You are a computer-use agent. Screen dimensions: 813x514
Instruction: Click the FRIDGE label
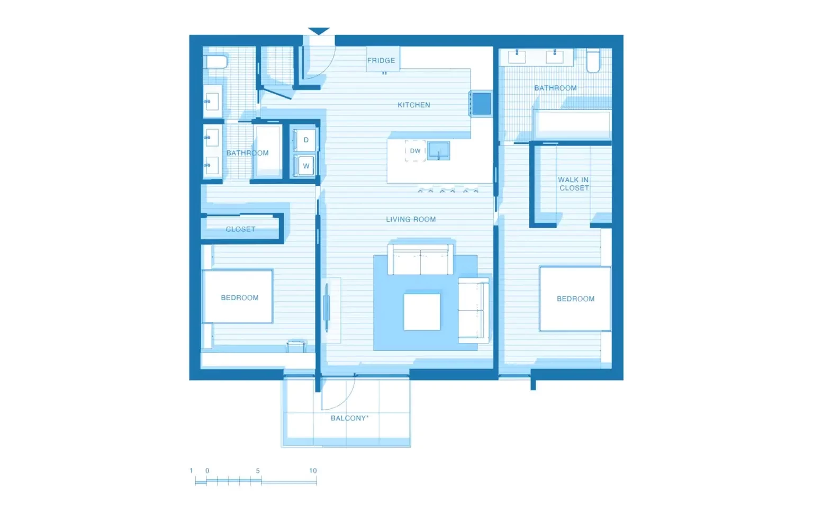[x=381, y=60]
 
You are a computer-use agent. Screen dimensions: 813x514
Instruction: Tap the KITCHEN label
[x=414, y=105]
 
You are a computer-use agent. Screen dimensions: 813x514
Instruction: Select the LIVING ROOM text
[x=411, y=219]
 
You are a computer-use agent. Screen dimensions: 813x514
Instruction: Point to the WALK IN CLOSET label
[x=573, y=184]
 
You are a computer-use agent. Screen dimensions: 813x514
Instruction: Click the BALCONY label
[x=349, y=418]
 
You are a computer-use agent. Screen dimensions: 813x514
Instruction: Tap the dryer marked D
[x=305, y=140]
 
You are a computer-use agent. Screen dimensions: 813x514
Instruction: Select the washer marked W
[x=305, y=166]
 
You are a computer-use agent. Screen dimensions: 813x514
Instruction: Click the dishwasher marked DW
[x=415, y=151]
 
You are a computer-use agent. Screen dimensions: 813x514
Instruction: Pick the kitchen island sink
[x=438, y=150]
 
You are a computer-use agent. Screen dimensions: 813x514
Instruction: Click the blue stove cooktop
[x=481, y=104]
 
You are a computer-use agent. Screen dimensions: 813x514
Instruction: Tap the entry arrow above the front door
[x=319, y=31]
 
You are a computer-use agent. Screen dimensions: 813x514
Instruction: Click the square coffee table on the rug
[x=422, y=312]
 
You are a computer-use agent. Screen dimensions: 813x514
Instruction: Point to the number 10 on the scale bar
[x=313, y=471]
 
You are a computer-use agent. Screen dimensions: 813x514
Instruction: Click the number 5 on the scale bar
[x=258, y=471]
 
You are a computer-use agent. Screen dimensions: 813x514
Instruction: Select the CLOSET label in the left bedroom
[x=240, y=229]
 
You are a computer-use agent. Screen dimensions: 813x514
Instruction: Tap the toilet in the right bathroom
[x=593, y=60]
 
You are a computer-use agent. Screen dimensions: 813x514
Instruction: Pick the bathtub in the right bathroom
[x=572, y=123]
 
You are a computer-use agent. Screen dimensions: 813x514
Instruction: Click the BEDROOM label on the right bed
[x=576, y=299]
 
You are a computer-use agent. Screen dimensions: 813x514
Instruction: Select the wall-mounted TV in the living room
[x=327, y=308]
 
